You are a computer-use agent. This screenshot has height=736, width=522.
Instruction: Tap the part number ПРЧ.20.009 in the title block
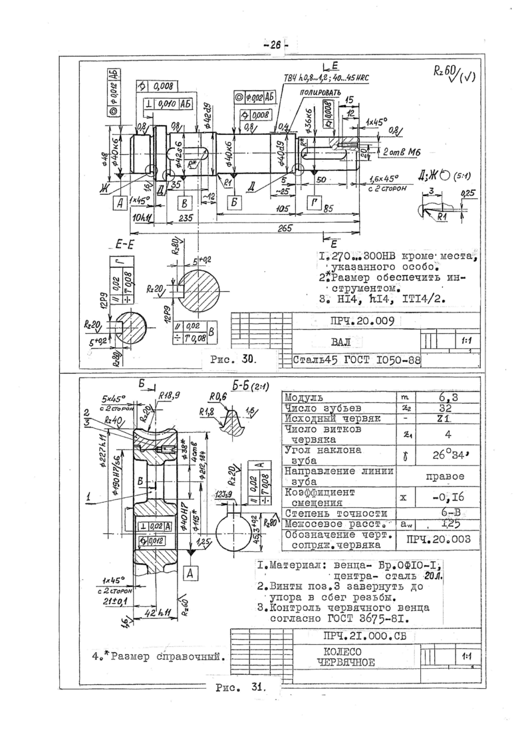362,321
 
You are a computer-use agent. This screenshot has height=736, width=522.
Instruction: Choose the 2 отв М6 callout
396,153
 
